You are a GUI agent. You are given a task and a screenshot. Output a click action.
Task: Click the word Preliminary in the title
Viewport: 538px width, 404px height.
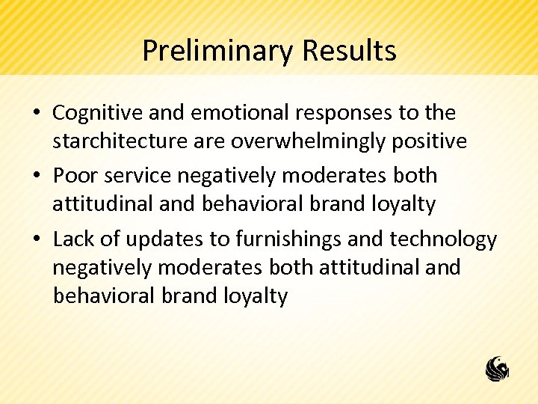coord(218,51)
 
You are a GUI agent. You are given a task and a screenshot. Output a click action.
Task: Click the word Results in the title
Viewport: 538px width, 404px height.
coord(349,51)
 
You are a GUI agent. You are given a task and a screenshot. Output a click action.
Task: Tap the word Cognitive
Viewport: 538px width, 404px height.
coord(98,113)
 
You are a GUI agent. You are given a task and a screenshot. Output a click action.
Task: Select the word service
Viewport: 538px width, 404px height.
coord(138,176)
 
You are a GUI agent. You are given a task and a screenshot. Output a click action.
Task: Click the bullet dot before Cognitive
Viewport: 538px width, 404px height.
coord(37,114)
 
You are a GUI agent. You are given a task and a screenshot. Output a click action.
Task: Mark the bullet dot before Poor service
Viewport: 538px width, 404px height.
coord(37,177)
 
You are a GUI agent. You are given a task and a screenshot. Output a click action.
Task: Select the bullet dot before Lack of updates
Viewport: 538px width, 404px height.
coord(37,240)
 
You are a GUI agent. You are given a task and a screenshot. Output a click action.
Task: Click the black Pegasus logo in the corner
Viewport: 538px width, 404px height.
coord(497,369)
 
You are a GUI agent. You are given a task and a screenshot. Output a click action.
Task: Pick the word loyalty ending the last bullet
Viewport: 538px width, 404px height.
coord(255,296)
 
